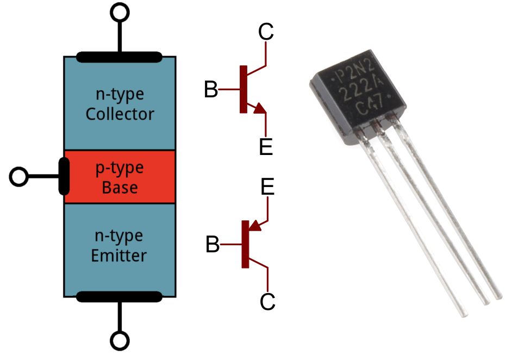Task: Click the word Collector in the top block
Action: [x=120, y=115]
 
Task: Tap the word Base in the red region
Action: [x=120, y=188]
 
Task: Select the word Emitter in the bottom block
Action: [x=120, y=255]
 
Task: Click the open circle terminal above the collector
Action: [x=120, y=11]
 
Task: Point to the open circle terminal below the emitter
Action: [x=120, y=341]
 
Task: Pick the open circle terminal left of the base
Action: [x=19, y=177]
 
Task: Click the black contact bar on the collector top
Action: [x=120, y=56]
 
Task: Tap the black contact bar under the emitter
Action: [x=120, y=296]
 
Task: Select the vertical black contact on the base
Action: [x=64, y=176]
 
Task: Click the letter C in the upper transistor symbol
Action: [x=266, y=33]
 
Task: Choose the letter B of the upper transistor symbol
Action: [x=211, y=90]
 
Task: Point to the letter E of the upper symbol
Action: [x=266, y=147]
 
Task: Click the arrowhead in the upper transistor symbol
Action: [x=260, y=108]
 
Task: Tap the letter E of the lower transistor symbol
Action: [x=267, y=188]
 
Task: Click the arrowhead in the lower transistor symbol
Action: [x=254, y=225]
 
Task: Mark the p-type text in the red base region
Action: [x=120, y=168]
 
